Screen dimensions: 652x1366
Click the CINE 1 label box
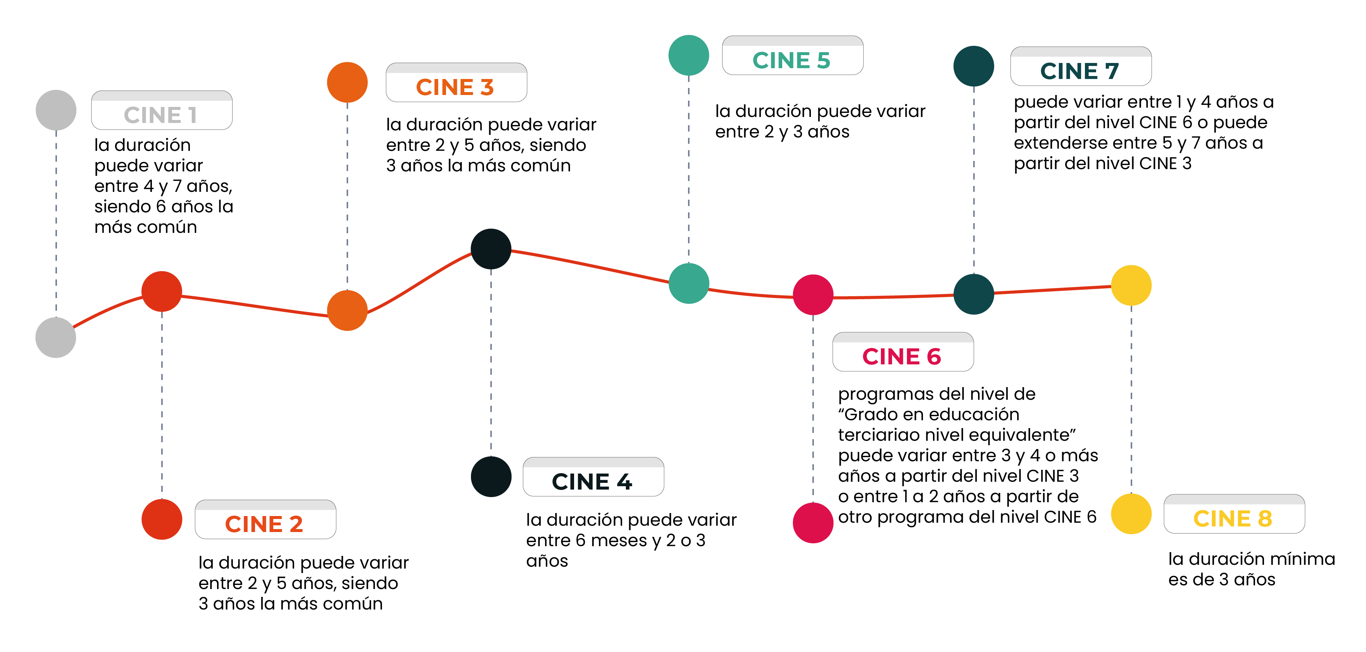point(161,110)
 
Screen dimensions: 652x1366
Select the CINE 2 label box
point(265,519)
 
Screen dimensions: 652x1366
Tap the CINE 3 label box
point(456,83)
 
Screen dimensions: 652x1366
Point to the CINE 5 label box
point(792,56)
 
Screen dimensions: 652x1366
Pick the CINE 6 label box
point(902,352)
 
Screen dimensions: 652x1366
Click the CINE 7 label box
point(1081,66)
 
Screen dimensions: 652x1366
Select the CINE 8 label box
point(1234,514)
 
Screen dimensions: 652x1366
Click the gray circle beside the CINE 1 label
point(56,110)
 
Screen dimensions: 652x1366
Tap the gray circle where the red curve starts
point(56,338)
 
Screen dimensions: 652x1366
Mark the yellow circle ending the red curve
point(1131,285)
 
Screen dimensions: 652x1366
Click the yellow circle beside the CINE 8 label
point(1131,513)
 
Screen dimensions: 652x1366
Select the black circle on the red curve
point(491,249)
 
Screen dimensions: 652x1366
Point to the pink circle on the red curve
point(813,294)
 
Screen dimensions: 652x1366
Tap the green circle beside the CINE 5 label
point(689,55)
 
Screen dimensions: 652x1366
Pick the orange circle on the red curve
point(347,310)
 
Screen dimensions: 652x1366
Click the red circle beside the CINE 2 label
point(162,519)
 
